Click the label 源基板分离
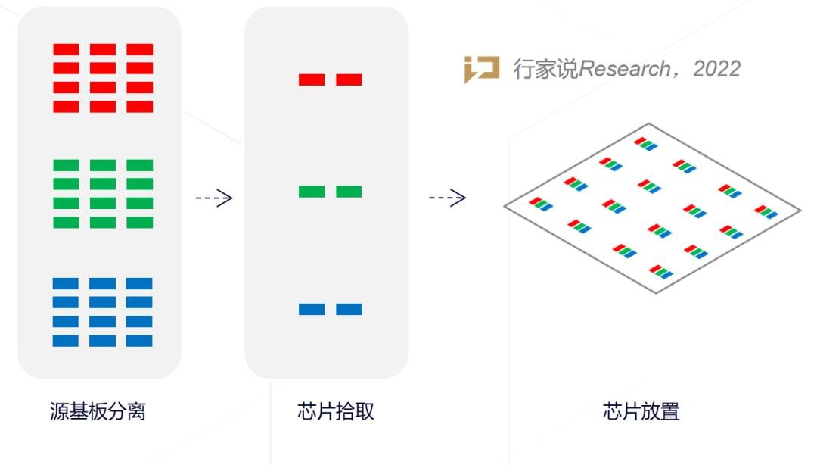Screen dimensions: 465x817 coord(98,412)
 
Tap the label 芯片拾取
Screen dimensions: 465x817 coord(336,412)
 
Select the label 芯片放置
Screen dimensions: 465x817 coord(641,412)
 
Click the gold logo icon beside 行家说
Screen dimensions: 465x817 coord(481,70)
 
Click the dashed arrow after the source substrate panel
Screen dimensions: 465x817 coord(214,198)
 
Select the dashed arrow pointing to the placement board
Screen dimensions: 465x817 coord(447,198)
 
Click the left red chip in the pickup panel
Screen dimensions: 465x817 coord(312,80)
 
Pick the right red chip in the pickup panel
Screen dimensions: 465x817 coord(349,80)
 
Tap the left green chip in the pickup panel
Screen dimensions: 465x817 coord(312,192)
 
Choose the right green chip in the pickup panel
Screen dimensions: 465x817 coord(349,192)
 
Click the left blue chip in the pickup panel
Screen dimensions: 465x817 coord(312,309)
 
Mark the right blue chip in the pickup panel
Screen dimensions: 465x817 coord(349,309)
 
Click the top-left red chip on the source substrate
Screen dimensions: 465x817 coord(66,49)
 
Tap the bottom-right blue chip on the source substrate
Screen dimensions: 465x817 coord(139,341)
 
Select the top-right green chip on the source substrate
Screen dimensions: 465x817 coord(139,165)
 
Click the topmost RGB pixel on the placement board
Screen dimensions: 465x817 coord(645,143)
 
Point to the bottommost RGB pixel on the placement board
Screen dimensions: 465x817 coord(660,271)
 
